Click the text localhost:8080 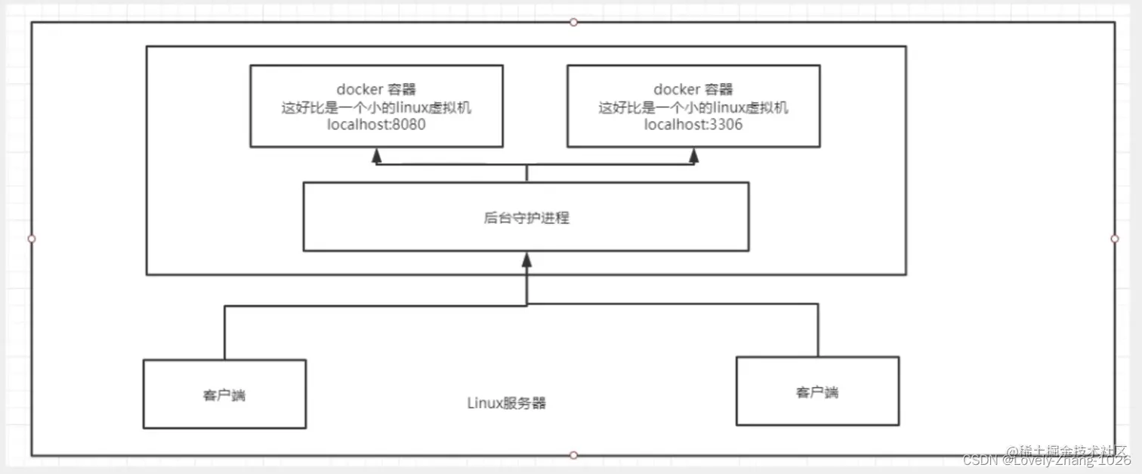[x=376, y=125]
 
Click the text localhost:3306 [x=693, y=125]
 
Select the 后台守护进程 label [x=526, y=218]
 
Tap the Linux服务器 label [x=506, y=403]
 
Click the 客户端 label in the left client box [x=224, y=395]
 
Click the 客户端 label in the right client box [x=817, y=392]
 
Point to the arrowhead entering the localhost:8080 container [x=376, y=156]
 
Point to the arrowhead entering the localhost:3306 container [x=693, y=156]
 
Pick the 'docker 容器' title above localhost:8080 [x=376, y=90]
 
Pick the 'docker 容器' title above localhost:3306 [x=693, y=90]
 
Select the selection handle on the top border [x=573, y=22]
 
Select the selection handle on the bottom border [x=573, y=455]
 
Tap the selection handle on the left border [x=31, y=238]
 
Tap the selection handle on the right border [x=1115, y=238]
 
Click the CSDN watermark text [x=1046, y=460]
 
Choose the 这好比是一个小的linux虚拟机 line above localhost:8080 [x=376, y=107]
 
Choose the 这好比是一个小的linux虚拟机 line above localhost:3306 [x=693, y=107]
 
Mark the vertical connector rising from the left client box [x=224, y=333]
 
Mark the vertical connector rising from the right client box [x=817, y=330]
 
